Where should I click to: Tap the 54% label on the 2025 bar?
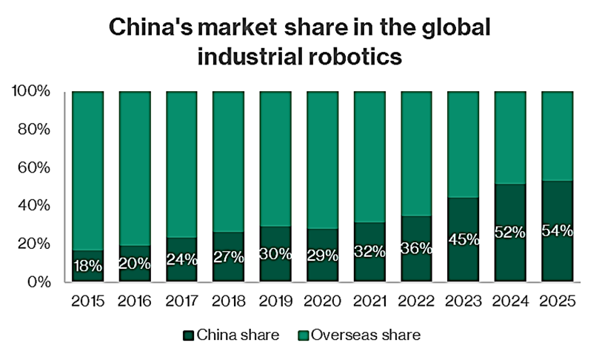(x=557, y=230)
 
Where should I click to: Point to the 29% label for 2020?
(x=322, y=256)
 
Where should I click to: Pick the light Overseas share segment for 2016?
(x=135, y=167)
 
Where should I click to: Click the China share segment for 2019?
(x=275, y=267)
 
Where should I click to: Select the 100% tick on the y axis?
(x=32, y=92)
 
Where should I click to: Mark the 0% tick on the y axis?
(x=39, y=282)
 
